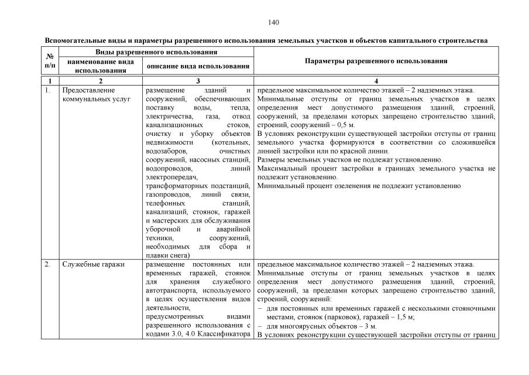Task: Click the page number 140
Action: (x=273, y=23)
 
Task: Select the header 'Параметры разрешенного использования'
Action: (x=376, y=61)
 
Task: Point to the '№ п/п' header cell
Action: (x=50, y=61)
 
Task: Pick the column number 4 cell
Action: (x=376, y=81)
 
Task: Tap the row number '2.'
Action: (x=47, y=264)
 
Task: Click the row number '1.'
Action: (x=47, y=91)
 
